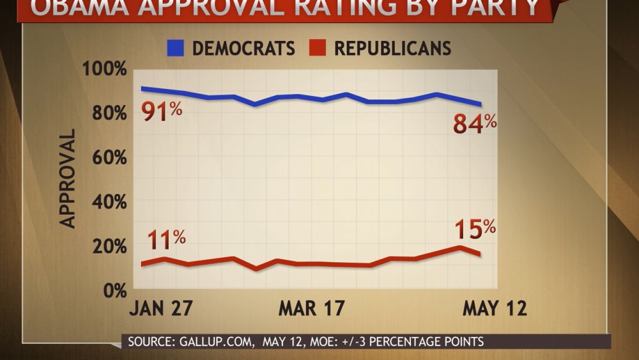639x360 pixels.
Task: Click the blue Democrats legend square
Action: click(x=176, y=48)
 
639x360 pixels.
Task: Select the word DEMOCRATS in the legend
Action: click(x=243, y=49)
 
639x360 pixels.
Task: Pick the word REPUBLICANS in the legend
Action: click(x=393, y=49)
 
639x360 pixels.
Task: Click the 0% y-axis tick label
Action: click(x=112, y=290)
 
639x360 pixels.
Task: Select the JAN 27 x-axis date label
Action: click(x=161, y=309)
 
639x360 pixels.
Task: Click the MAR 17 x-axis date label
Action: click(x=311, y=309)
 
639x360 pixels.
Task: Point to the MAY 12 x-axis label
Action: click(x=495, y=309)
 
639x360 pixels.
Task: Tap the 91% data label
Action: click(x=162, y=113)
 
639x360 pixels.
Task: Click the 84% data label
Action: click(x=474, y=123)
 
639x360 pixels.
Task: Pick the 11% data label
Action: click(x=166, y=240)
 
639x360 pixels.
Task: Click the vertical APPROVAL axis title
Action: click(x=68, y=178)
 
